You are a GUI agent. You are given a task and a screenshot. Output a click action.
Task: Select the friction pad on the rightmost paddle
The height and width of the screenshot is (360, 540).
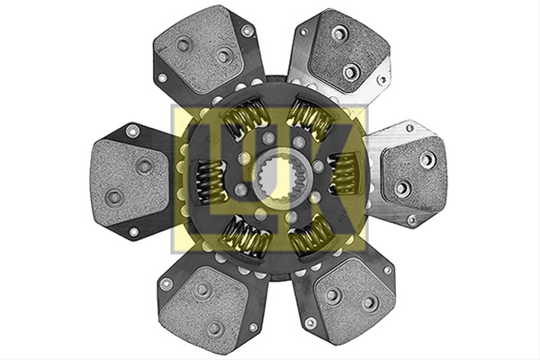[414, 175]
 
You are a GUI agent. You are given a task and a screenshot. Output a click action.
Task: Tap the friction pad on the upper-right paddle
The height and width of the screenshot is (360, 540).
[348, 50]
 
